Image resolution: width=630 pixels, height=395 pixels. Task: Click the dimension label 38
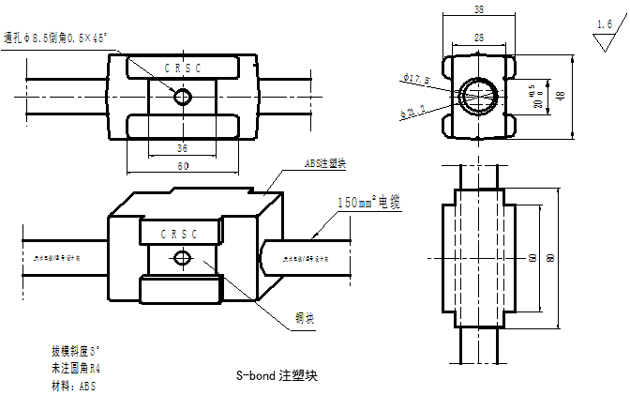click(479, 9)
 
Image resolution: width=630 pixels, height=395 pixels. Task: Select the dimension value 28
click(479, 38)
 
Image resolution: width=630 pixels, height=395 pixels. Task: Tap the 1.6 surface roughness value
click(605, 24)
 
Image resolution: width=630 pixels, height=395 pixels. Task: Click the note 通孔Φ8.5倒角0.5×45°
click(57, 38)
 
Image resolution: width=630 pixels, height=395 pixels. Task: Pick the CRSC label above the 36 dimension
click(183, 68)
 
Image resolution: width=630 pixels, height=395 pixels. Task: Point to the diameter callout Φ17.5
click(414, 78)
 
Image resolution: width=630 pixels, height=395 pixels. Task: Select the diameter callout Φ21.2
click(412, 112)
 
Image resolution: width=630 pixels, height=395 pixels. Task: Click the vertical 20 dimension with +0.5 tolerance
click(536, 98)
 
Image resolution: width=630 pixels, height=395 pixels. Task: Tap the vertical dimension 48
click(561, 97)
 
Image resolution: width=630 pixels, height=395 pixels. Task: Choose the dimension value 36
click(182, 148)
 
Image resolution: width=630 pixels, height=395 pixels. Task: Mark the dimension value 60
click(182, 166)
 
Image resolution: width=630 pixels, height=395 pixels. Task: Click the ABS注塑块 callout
click(326, 163)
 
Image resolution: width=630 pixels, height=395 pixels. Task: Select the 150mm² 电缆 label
click(369, 203)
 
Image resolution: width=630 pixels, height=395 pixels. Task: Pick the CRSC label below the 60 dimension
click(179, 235)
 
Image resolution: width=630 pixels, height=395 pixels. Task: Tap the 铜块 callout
click(305, 318)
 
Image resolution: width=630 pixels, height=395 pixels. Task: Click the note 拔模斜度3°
click(77, 351)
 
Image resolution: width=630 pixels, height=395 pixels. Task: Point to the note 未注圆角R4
click(76, 368)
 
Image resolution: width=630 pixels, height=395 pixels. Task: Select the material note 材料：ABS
click(74, 386)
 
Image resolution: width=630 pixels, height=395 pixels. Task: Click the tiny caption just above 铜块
click(307, 259)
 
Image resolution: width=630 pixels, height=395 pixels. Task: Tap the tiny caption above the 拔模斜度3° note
click(57, 258)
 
